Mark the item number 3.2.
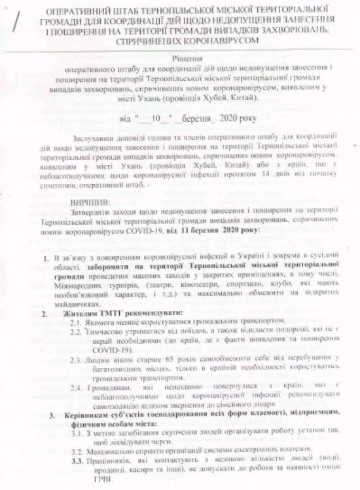(76, 451)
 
